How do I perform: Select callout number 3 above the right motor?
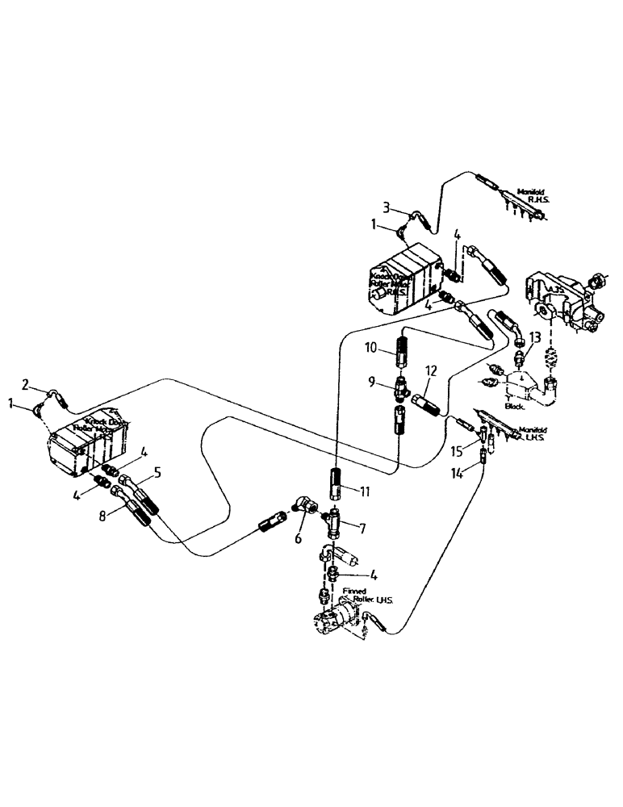tap(387, 207)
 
